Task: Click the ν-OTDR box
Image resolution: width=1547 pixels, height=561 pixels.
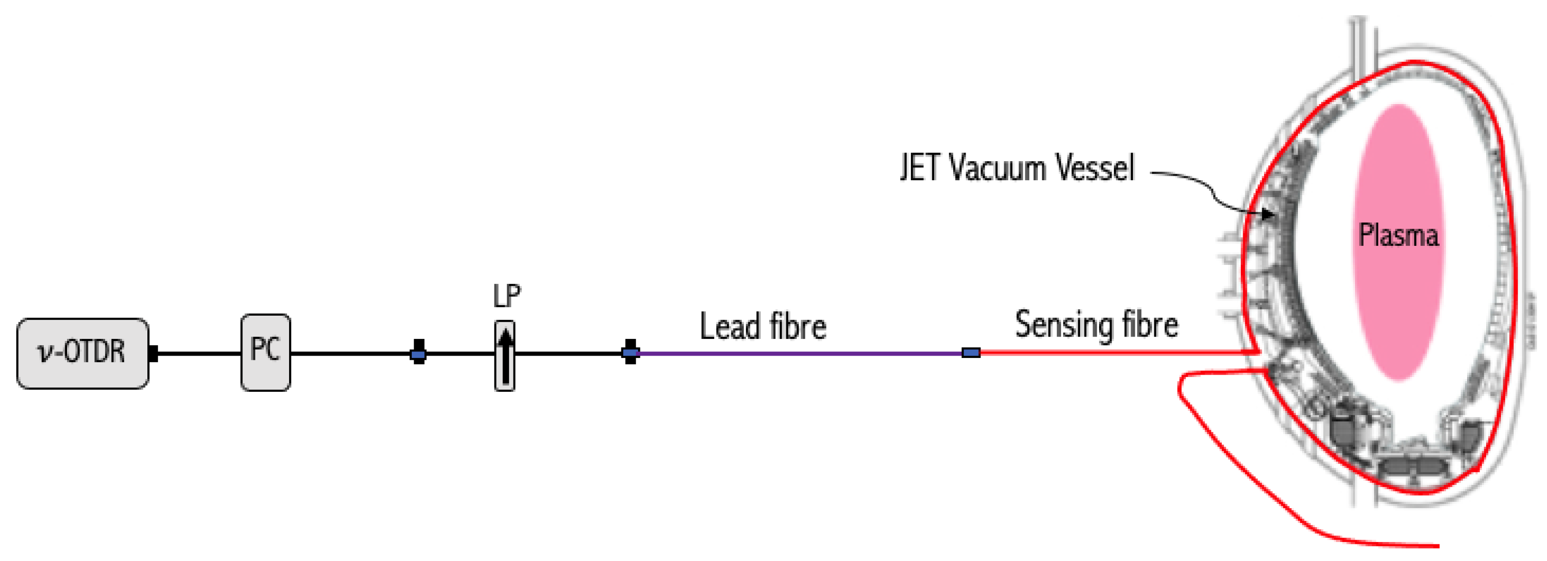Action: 83,353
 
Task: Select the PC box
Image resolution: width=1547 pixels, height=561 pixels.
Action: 265,352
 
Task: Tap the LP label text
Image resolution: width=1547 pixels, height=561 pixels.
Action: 506,296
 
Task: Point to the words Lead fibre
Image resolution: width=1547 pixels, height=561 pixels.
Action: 763,327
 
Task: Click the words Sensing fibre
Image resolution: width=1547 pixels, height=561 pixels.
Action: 1096,325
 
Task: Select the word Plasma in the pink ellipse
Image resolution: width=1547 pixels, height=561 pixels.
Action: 1398,235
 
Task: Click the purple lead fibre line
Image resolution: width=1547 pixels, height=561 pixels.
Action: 799,354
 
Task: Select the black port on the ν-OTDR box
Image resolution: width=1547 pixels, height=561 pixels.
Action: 153,353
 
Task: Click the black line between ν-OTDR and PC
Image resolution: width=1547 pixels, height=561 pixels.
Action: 198,353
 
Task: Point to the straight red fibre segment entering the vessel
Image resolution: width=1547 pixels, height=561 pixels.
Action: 1111,353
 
